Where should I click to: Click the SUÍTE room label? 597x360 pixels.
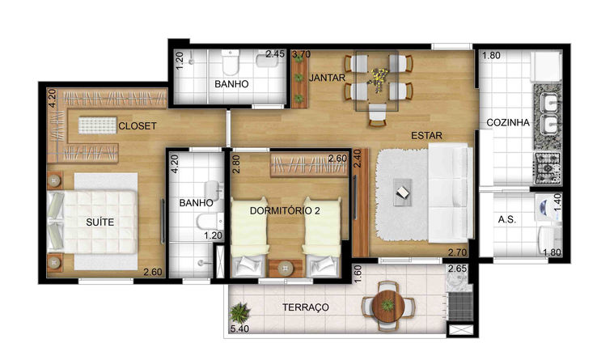pyautogui.click(x=99, y=222)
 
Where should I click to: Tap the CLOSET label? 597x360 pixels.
pyautogui.click(x=138, y=125)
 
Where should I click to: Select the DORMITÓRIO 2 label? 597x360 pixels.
pyautogui.click(x=285, y=210)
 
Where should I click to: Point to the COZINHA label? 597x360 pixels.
pyautogui.click(x=508, y=123)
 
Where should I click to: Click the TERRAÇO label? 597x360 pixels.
pyautogui.click(x=306, y=307)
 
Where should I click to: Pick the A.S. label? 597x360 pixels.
pyautogui.click(x=507, y=219)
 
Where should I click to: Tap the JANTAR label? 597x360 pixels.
pyautogui.click(x=327, y=78)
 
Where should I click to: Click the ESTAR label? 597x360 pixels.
pyautogui.click(x=427, y=135)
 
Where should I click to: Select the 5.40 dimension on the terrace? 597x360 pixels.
pyautogui.click(x=239, y=328)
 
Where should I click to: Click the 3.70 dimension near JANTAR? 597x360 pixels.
pyautogui.click(x=301, y=54)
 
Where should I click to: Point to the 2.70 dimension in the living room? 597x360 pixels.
pyautogui.click(x=457, y=252)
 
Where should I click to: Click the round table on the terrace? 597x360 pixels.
pyautogui.click(x=388, y=307)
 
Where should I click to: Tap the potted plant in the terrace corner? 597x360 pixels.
pyautogui.click(x=240, y=312)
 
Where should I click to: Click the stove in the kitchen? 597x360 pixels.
pyautogui.click(x=547, y=167)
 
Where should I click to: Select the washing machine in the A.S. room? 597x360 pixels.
pyautogui.click(x=548, y=208)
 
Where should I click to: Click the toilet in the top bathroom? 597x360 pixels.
pyautogui.click(x=231, y=62)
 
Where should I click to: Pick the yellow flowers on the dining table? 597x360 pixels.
pyautogui.click(x=377, y=79)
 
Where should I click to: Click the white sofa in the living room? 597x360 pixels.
pyautogui.click(x=451, y=193)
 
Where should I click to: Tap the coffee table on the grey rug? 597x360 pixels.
pyautogui.click(x=402, y=193)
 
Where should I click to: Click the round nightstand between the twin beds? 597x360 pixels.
pyautogui.click(x=286, y=269)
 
